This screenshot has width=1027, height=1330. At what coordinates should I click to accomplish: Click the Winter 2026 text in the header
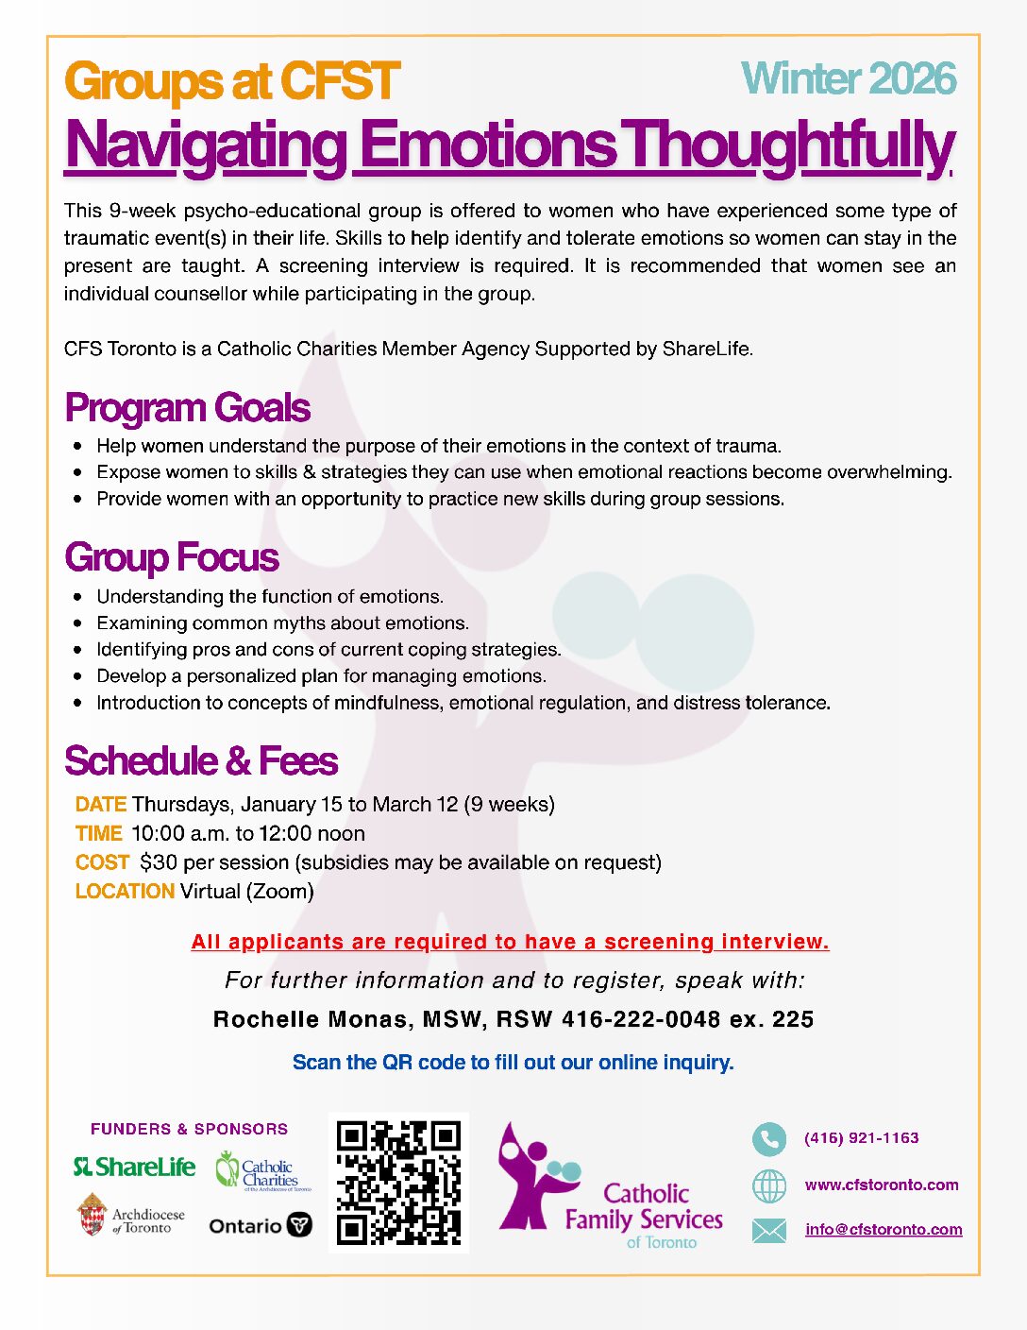849,79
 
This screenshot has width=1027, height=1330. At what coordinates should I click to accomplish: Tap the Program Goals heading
187,408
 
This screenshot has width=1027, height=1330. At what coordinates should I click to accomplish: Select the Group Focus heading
172,557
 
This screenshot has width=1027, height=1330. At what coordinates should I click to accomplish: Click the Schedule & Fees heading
201,761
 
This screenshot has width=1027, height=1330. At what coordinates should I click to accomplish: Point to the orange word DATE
101,805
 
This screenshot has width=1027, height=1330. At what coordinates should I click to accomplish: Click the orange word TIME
99,834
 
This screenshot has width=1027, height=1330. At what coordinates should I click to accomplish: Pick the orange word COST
102,862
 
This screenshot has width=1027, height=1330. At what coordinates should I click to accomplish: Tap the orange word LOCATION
125,892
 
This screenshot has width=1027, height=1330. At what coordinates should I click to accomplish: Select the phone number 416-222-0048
641,1020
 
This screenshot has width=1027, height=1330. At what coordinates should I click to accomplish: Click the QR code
398,1183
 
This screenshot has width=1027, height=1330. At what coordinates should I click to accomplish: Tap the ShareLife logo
135,1168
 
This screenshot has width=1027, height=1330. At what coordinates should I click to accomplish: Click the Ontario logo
260,1226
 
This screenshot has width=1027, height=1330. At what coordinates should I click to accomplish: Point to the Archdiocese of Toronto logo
131,1217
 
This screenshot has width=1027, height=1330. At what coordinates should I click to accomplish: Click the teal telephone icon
769,1139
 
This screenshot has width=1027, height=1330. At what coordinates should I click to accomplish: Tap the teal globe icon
769,1185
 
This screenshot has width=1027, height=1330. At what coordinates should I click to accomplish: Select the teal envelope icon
769,1230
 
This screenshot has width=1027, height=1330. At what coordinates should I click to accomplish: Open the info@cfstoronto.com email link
884,1230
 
